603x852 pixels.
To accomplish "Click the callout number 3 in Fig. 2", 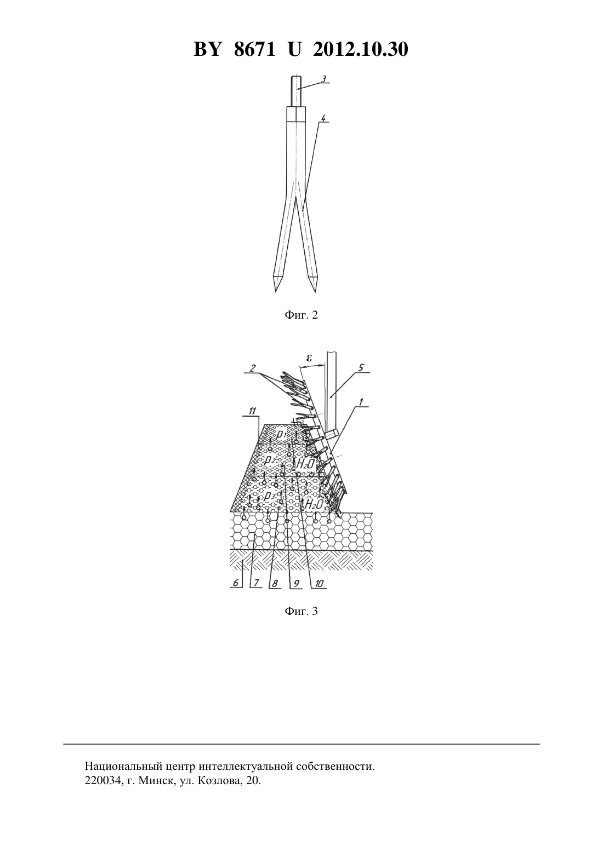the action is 323,79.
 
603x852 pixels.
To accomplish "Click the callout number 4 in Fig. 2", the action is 323,118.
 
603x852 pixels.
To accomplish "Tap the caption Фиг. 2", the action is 301,315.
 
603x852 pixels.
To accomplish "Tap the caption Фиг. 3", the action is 301,611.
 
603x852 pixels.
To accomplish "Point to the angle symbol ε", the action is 310,358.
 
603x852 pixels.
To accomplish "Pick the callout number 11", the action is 252,411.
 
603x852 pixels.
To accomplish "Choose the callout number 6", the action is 236,583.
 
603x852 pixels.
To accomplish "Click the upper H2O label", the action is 305,463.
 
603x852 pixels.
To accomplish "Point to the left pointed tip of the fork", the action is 276,291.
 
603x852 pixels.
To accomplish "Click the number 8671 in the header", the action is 254,49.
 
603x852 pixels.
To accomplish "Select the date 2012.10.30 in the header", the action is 361,49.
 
